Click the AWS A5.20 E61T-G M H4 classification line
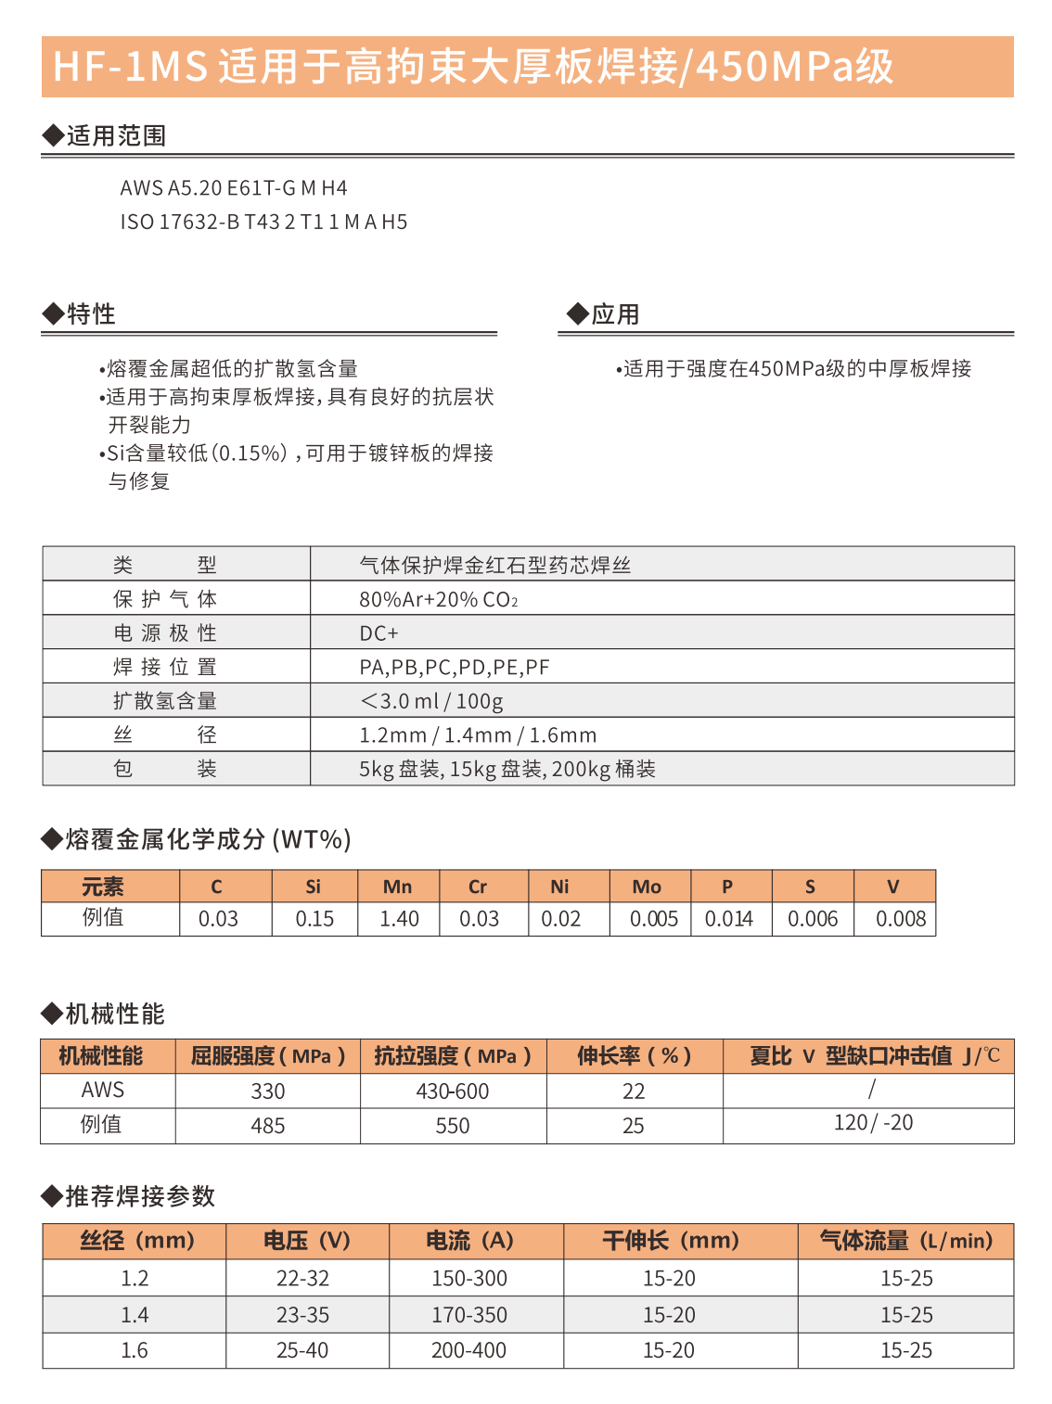tap(234, 188)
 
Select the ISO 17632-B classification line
tap(263, 223)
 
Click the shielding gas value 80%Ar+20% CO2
tap(438, 600)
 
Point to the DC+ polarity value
tap(378, 633)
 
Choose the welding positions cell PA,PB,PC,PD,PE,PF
tap(454, 668)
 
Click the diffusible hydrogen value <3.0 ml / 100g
tap(431, 701)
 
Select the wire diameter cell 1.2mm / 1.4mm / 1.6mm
tap(478, 735)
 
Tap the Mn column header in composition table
tap(398, 887)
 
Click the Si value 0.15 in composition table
tap(314, 919)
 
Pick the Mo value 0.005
tap(654, 919)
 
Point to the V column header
tap(893, 887)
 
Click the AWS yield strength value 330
tap(268, 1091)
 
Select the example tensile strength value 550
tap(453, 1126)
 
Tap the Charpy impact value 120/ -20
tap(873, 1123)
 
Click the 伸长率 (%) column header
tap(635, 1056)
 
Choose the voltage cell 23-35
tap(302, 1315)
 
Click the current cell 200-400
tap(468, 1351)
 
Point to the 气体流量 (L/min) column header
tap(905, 1241)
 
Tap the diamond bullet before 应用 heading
tap(577, 314)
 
